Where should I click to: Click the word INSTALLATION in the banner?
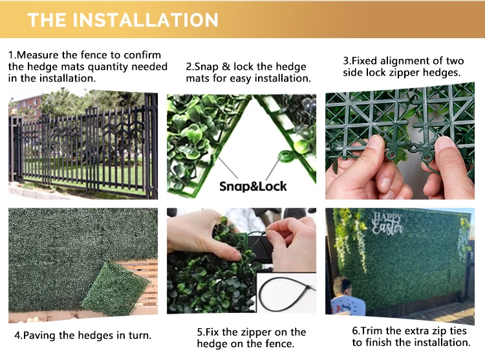(x=145, y=20)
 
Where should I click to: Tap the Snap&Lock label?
(x=253, y=186)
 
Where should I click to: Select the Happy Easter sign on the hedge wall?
(x=387, y=224)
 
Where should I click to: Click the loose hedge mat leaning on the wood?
(x=116, y=288)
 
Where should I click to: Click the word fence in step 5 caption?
(x=279, y=344)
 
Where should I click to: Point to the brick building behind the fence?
(x=27, y=106)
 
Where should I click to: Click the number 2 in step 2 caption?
(x=189, y=67)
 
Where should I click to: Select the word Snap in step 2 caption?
(x=207, y=67)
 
